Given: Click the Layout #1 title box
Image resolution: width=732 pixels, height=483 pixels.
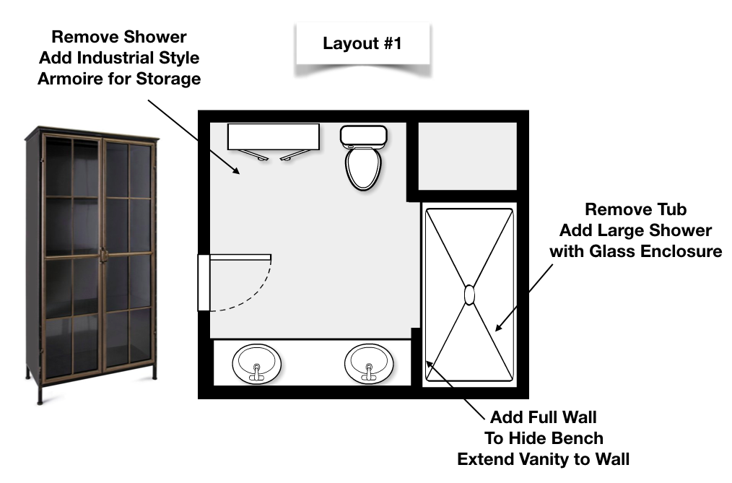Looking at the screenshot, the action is [x=362, y=43].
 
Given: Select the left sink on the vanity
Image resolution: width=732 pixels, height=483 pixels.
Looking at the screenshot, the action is [x=256, y=363].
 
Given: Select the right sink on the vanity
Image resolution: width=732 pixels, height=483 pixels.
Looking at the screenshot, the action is [x=369, y=363].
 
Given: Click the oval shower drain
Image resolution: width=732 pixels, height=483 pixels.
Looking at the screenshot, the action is [x=469, y=295].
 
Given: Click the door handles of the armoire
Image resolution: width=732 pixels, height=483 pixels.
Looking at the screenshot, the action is [x=104, y=254].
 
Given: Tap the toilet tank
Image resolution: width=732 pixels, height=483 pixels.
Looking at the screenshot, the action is [x=363, y=134].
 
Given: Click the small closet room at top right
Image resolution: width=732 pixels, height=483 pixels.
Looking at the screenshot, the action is [x=468, y=156].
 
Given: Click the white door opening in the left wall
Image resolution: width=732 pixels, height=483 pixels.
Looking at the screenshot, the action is [x=204, y=282].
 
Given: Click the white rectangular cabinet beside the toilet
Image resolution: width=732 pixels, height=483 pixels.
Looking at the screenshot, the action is [x=273, y=136].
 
